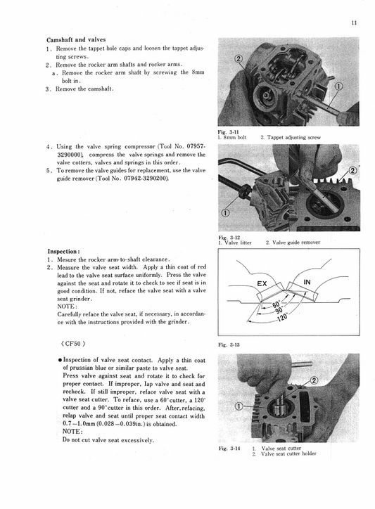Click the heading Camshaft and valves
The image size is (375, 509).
click(x=75, y=40)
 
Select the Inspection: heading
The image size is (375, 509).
click(x=68, y=251)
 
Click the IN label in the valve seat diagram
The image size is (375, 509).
click(x=307, y=283)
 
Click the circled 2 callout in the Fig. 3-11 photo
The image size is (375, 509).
click(x=237, y=58)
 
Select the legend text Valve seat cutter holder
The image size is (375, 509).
click(x=288, y=454)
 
